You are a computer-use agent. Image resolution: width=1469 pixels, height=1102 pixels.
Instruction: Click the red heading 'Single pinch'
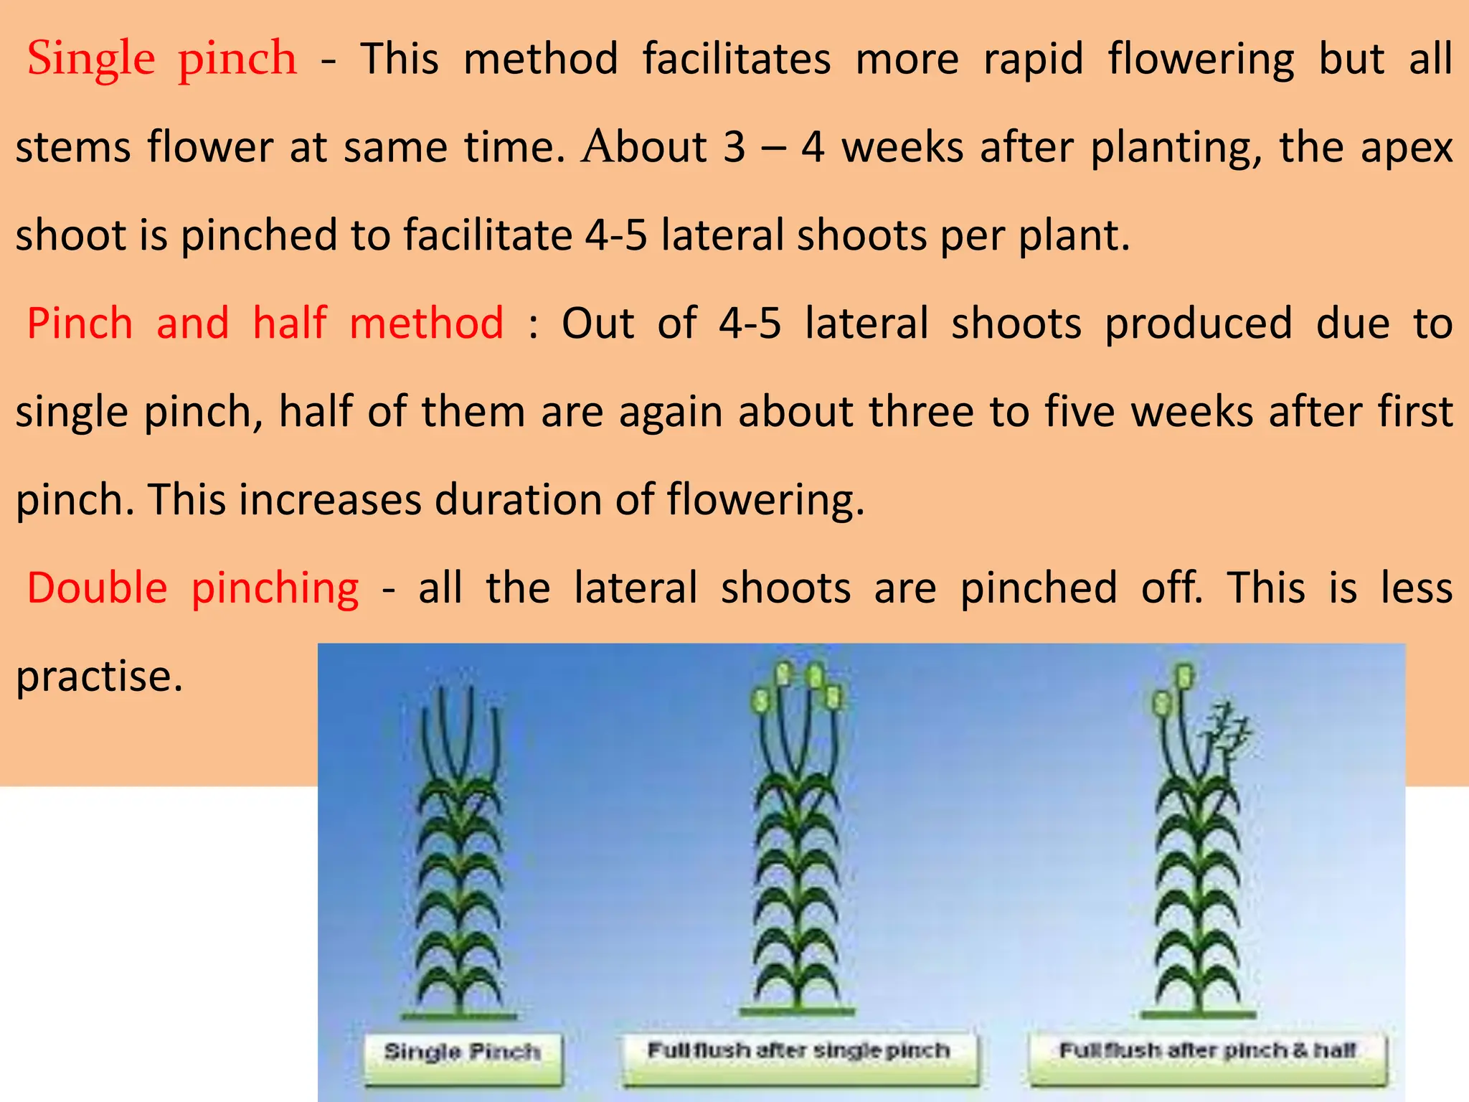161,59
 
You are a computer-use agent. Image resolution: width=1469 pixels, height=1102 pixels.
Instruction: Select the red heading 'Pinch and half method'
265,324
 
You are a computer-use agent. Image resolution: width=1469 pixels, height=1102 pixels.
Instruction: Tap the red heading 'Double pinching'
192,588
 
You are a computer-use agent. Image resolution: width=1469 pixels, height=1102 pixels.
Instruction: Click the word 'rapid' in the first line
1033,59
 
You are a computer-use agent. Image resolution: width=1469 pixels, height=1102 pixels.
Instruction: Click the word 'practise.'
100,677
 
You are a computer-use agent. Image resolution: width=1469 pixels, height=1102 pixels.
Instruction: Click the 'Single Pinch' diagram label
463,1052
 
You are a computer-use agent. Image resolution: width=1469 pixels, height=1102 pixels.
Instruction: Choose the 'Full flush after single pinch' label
798,1050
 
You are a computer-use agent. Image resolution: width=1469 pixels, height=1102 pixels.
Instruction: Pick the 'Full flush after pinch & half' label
1208,1050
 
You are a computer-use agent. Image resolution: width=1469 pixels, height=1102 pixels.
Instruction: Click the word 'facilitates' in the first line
736,59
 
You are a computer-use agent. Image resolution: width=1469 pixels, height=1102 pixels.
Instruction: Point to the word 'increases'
330,500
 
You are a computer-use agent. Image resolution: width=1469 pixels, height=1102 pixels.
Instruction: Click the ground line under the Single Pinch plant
459,1016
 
